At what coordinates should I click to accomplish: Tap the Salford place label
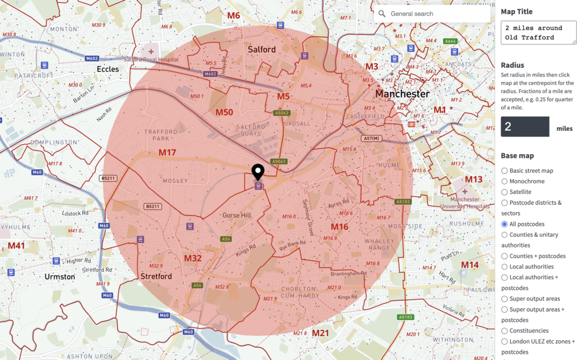(x=261, y=49)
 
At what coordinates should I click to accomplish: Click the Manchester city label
(x=402, y=93)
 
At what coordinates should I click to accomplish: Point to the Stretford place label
(x=156, y=276)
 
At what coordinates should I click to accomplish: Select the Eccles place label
(x=108, y=69)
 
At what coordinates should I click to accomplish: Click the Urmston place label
(x=60, y=276)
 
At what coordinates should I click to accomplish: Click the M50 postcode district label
(x=224, y=112)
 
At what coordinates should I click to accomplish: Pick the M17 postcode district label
(x=167, y=152)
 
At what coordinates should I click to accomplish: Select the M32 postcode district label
(x=193, y=258)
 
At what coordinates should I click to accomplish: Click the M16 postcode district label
(x=339, y=227)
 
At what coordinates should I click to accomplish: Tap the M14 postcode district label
(x=469, y=265)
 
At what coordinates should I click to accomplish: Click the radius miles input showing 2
(x=525, y=126)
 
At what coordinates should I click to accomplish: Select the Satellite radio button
(x=505, y=192)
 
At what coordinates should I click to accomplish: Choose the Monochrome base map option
(x=505, y=181)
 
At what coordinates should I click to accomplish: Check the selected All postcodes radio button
(x=505, y=224)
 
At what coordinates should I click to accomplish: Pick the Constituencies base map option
(x=505, y=330)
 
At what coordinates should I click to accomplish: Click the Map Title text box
(x=538, y=32)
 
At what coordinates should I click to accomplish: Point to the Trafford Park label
(x=161, y=136)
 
